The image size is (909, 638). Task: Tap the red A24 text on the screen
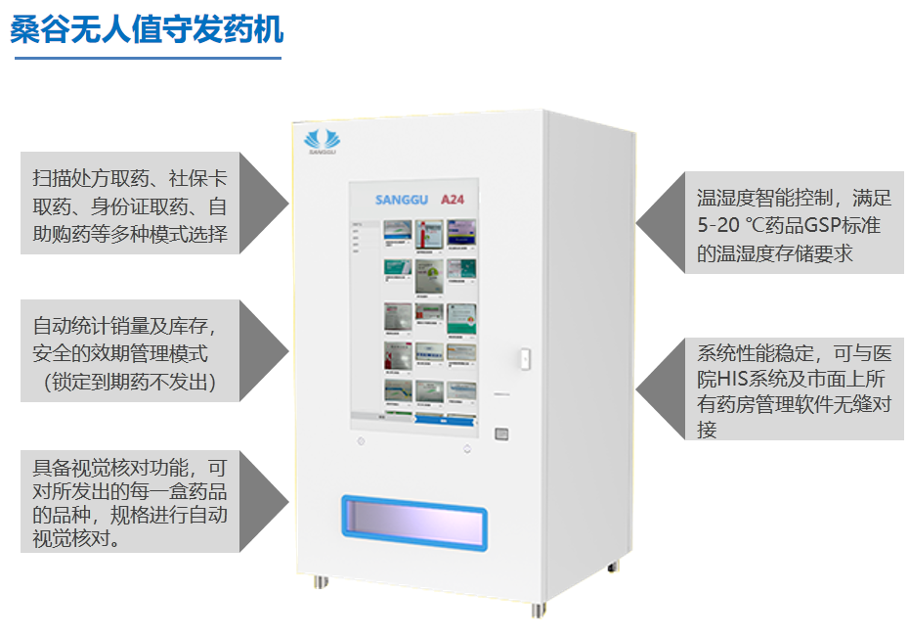click(452, 199)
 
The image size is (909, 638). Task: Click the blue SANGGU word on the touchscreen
click(403, 200)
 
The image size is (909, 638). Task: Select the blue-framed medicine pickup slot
click(413, 523)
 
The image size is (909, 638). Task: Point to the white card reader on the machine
click(524, 359)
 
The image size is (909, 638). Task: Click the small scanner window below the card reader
click(501, 432)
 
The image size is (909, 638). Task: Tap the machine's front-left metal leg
click(321, 581)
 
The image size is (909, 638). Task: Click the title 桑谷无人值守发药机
click(147, 29)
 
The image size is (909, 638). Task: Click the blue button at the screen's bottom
click(446, 418)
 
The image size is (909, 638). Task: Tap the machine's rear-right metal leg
click(613, 565)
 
